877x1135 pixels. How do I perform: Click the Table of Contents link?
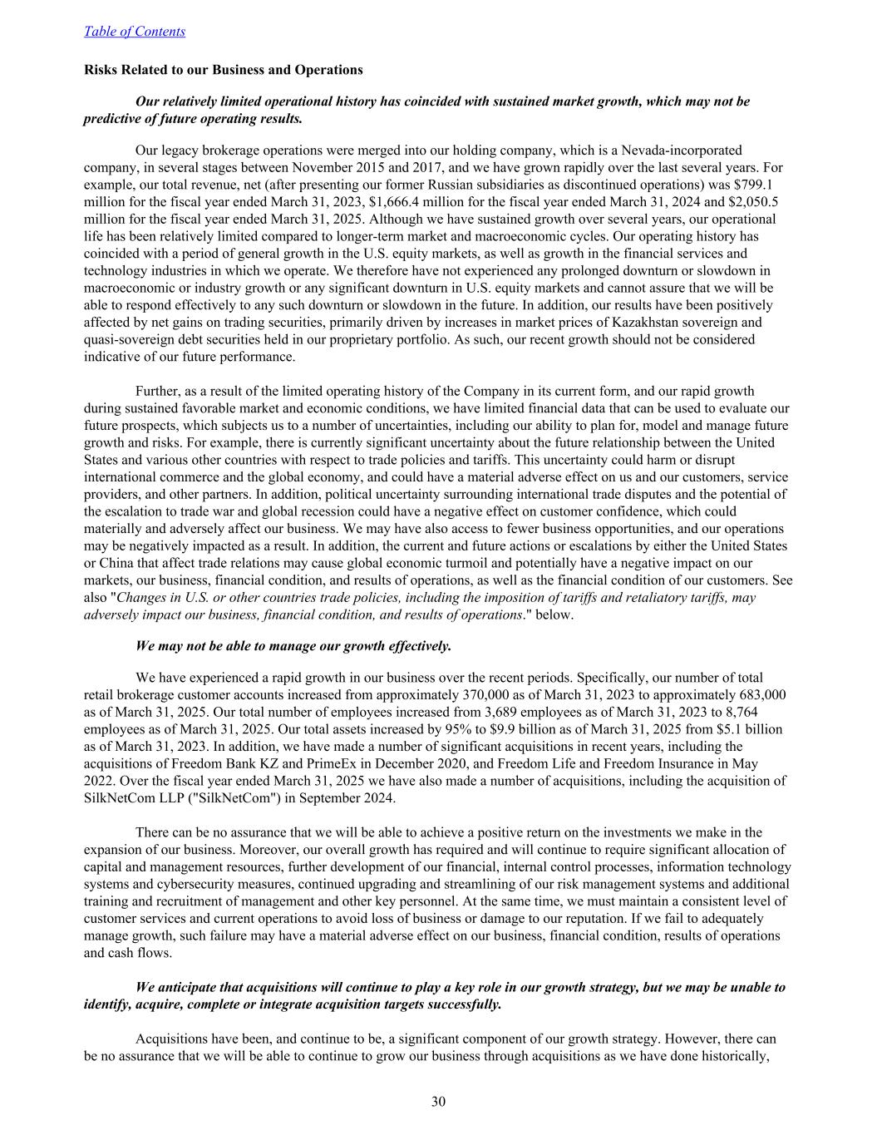pos(135,32)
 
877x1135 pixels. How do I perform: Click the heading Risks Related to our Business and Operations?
pos(224,70)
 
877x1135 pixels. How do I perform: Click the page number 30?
pos(439,1103)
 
